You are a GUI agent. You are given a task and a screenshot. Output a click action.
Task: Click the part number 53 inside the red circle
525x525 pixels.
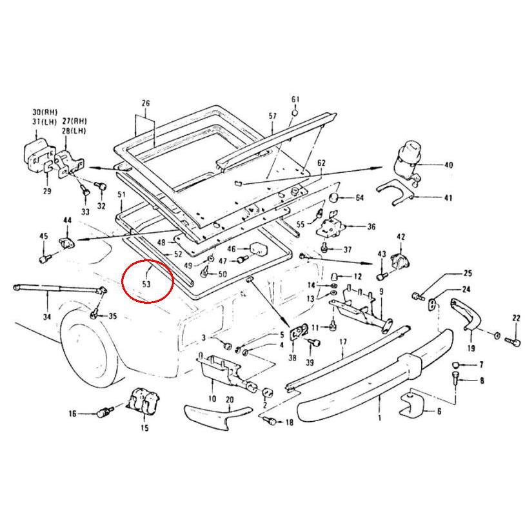point(146,284)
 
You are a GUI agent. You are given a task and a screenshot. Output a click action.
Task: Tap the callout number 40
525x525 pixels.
point(448,165)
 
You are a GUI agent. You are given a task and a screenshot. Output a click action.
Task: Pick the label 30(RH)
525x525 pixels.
point(45,112)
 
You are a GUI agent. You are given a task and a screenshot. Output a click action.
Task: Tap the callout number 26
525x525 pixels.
point(146,103)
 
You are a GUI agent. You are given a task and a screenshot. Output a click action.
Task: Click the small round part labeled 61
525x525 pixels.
point(295,112)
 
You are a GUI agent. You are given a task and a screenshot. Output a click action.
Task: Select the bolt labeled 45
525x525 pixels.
point(45,259)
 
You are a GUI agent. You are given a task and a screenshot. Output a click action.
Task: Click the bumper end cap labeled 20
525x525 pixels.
point(216,415)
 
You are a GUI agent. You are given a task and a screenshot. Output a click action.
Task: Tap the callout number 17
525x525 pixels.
point(343,342)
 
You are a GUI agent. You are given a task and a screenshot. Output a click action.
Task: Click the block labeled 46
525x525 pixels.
point(259,249)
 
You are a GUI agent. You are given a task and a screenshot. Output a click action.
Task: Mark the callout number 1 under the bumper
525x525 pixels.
point(379,418)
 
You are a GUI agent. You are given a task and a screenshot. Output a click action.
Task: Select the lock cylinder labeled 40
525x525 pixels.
point(408,159)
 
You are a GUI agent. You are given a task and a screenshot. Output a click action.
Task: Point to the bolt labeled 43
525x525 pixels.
point(382,276)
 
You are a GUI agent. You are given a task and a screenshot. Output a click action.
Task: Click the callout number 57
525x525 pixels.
point(273,116)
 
